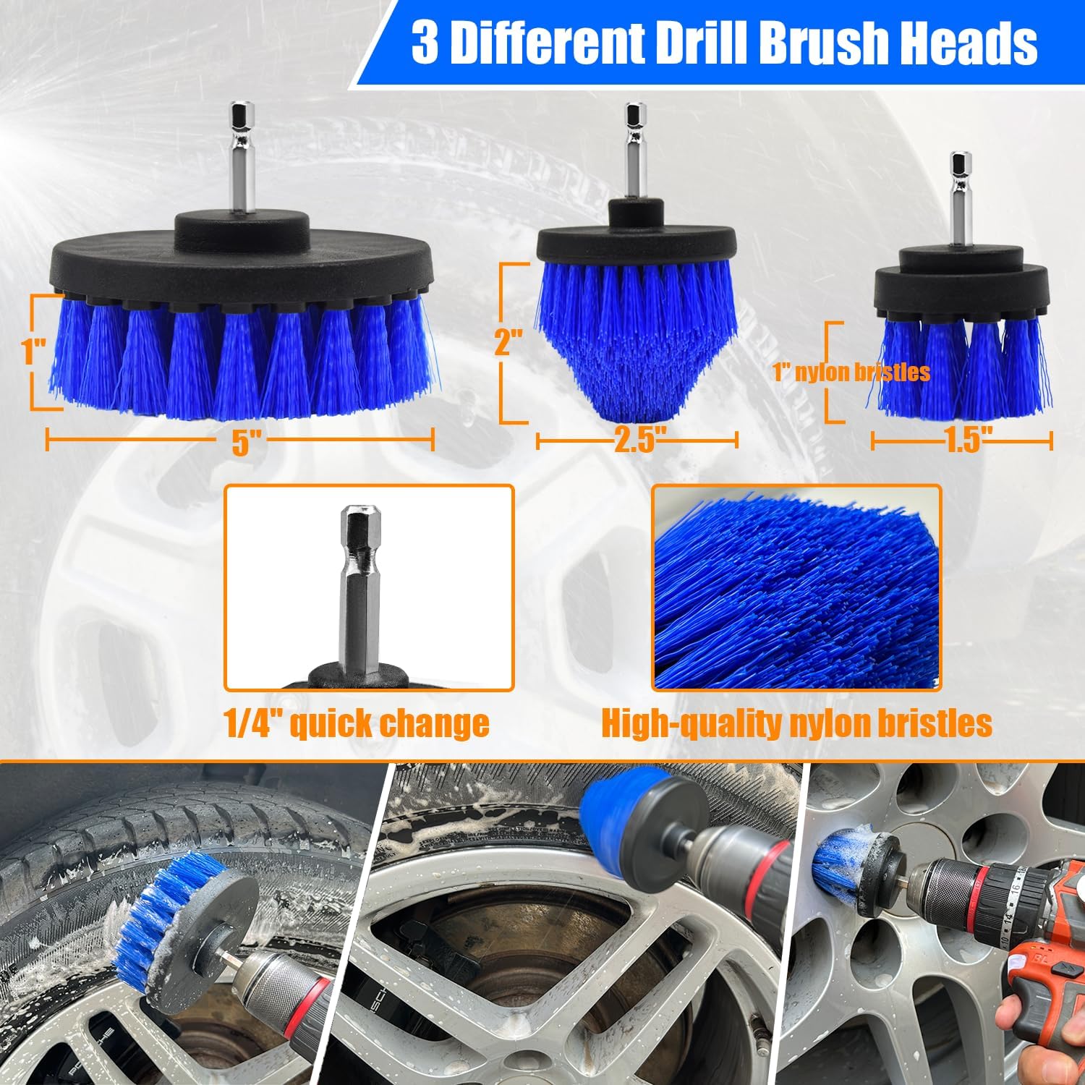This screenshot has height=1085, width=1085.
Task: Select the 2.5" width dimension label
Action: (639, 439)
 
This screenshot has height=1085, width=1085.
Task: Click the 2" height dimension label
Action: (508, 341)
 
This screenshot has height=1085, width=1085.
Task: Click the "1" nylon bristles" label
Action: (851, 372)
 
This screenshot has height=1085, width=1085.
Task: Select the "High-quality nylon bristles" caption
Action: (796, 723)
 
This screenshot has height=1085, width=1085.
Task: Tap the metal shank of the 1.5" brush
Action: (961, 200)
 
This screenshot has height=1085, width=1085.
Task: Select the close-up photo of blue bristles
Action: (796, 587)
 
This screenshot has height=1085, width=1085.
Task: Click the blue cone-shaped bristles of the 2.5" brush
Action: (637, 340)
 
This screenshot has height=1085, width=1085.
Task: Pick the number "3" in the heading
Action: (425, 43)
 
